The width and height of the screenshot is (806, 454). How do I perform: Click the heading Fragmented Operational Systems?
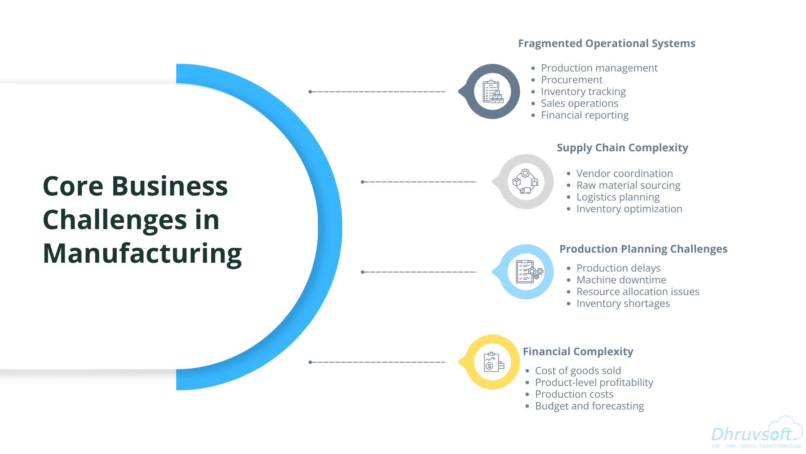point(607,44)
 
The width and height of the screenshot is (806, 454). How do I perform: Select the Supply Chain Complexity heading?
point(622,148)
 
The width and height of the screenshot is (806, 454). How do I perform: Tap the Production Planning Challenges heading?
point(643,249)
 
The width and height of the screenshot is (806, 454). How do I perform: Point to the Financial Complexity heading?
point(578,352)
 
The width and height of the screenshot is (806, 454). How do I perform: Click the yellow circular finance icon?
point(492,362)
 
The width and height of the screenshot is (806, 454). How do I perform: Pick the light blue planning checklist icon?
point(526,272)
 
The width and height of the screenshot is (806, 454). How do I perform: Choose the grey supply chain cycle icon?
point(526,182)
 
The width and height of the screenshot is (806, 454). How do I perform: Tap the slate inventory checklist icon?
point(492,92)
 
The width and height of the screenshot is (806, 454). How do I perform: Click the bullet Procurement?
point(572,80)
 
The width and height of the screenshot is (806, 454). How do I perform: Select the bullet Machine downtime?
point(621,280)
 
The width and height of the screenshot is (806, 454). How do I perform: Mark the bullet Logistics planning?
point(618,197)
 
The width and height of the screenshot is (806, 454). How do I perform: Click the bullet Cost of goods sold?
point(578,371)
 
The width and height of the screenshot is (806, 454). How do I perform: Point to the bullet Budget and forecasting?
point(589,406)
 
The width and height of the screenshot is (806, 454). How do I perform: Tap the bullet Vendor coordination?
point(624,174)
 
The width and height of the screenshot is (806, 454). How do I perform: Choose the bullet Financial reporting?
point(585,115)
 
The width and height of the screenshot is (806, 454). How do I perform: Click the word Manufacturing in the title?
point(142,253)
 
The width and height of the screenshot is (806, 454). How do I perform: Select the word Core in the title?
point(73,186)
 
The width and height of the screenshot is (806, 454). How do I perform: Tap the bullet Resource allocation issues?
point(638,292)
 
